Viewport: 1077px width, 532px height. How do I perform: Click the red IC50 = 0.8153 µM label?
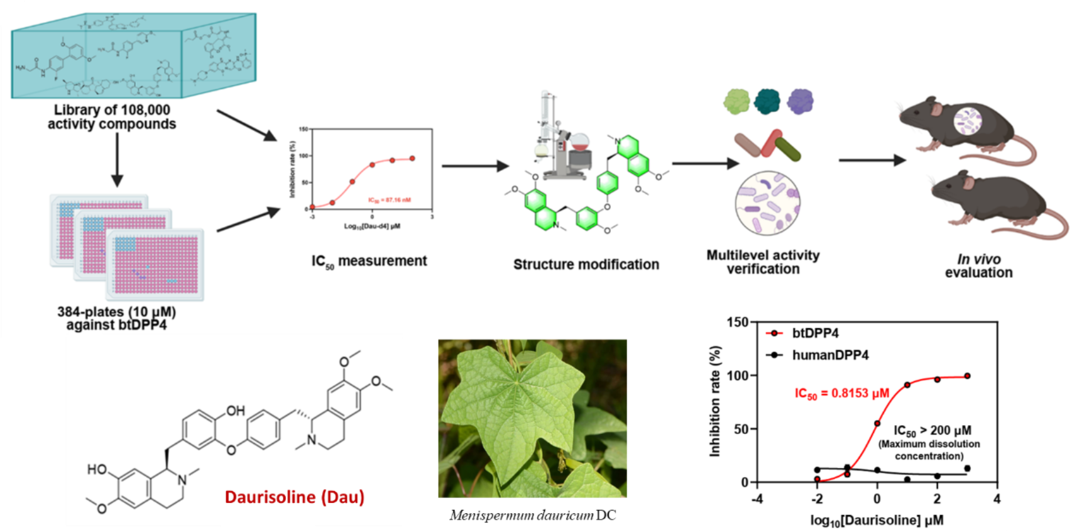coord(841,394)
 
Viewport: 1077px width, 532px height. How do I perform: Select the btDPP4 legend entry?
coord(814,333)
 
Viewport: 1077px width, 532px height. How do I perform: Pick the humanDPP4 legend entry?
coord(829,355)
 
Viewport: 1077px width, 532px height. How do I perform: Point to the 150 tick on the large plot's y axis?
coord(738,323)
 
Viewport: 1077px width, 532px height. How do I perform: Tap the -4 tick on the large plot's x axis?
coord(758,499)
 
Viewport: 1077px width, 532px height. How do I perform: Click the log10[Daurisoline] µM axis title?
coord(877,520)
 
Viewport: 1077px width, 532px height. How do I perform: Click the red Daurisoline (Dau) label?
coord(294,497)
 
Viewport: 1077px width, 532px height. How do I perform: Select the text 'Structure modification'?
coord(586,265)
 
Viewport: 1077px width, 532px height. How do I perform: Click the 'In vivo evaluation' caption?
coord(978,266)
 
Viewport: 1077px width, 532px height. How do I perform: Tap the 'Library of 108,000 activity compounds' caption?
coord(112,117)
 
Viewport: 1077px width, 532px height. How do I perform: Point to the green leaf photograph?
coord(532,418)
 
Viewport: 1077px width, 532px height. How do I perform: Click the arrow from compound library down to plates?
coord(117,160)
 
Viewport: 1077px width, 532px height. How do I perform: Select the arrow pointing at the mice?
coord(872,160)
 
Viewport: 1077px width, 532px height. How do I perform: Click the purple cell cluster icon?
coord(800,101)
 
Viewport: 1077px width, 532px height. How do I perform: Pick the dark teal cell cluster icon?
coord(767,101)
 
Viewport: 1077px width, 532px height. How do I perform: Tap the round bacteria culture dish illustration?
coord(767,204)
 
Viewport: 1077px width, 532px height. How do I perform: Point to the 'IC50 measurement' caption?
coord(369,262)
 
